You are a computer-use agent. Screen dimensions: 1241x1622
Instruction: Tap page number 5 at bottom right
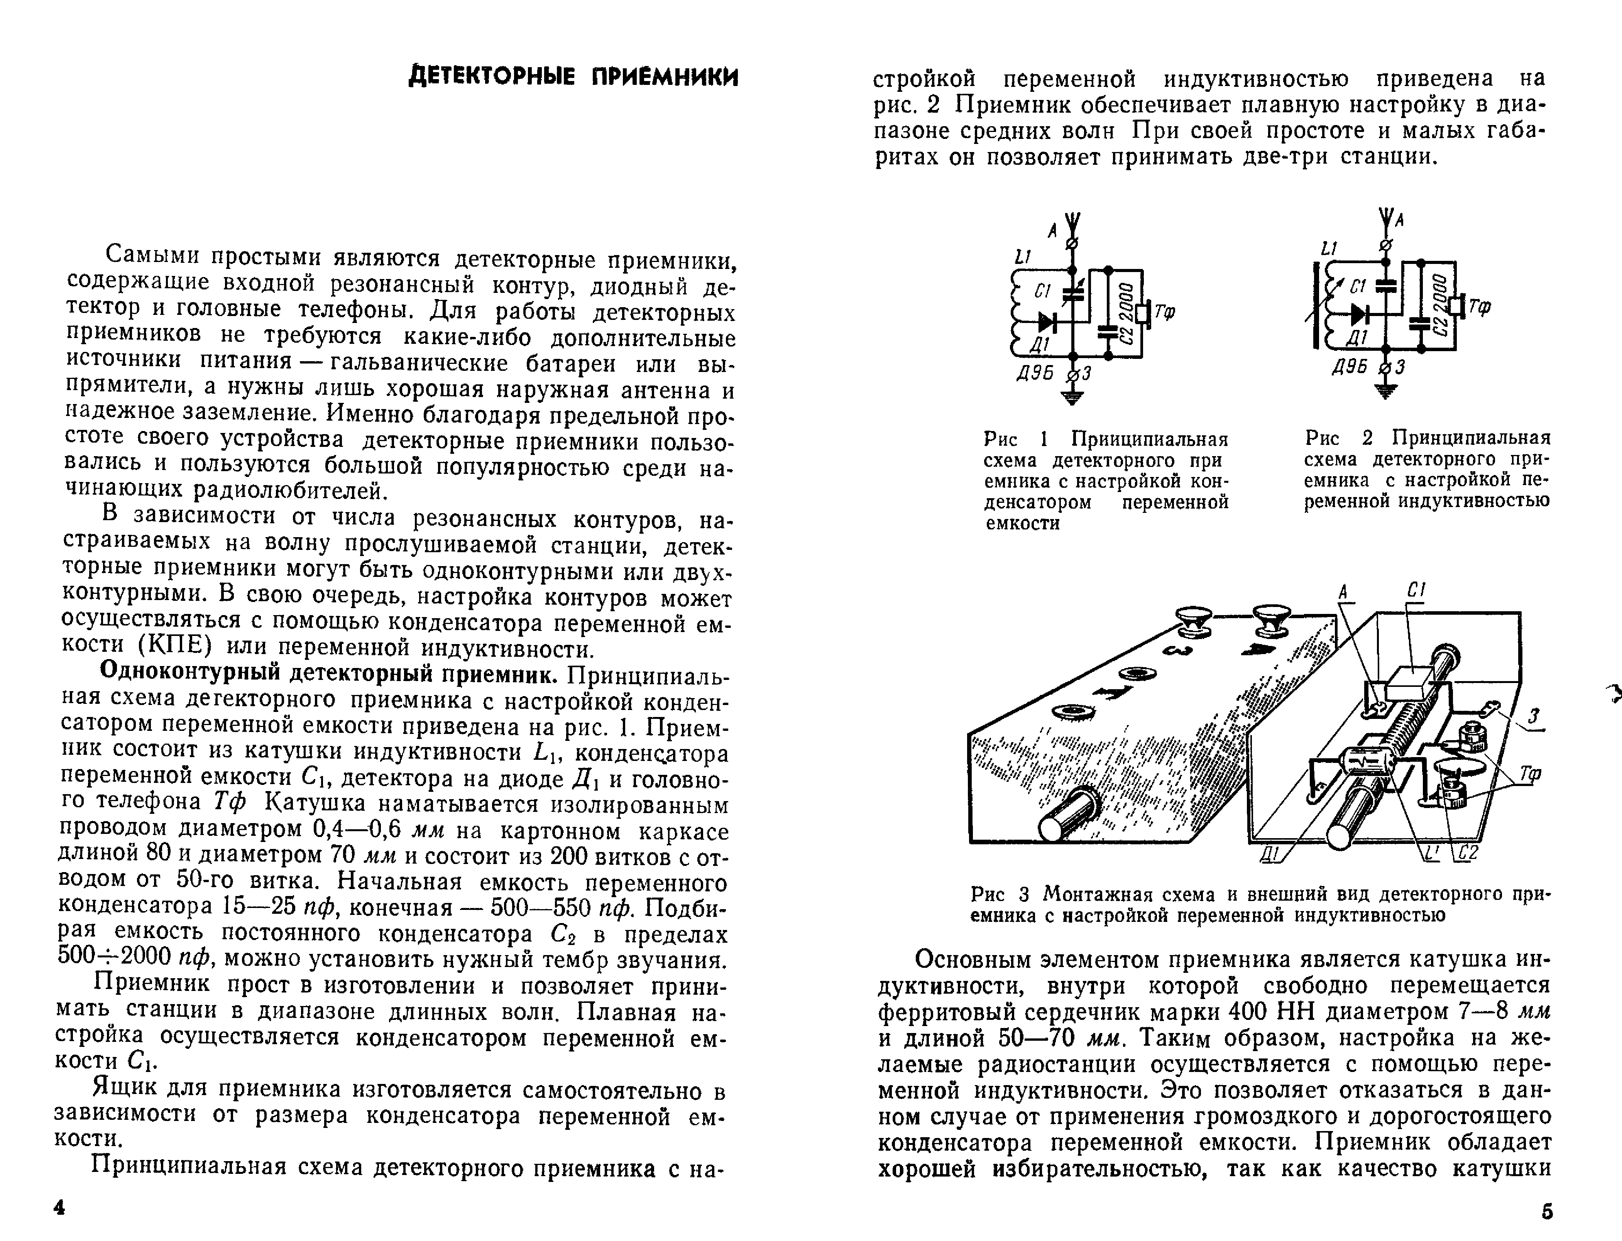(x=1548, y=1211)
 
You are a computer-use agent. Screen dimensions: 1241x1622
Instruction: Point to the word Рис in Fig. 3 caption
(x=988, y=894)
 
